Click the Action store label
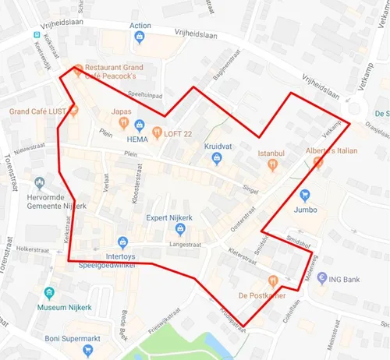tap(141, 26)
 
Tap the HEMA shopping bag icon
tap(140, 125)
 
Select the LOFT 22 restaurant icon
tap(157, 132)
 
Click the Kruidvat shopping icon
tap(218, 159)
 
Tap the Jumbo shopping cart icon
tap(305, 195)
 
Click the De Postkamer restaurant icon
tap(272, 281)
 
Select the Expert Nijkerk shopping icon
tap(180, 229)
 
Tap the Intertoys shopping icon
tap(122, 242)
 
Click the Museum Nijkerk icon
tap(50, 292)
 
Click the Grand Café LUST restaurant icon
tap(74, 111)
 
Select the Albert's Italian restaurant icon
tap(317, 162)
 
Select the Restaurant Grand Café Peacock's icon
tap(78, 69)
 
